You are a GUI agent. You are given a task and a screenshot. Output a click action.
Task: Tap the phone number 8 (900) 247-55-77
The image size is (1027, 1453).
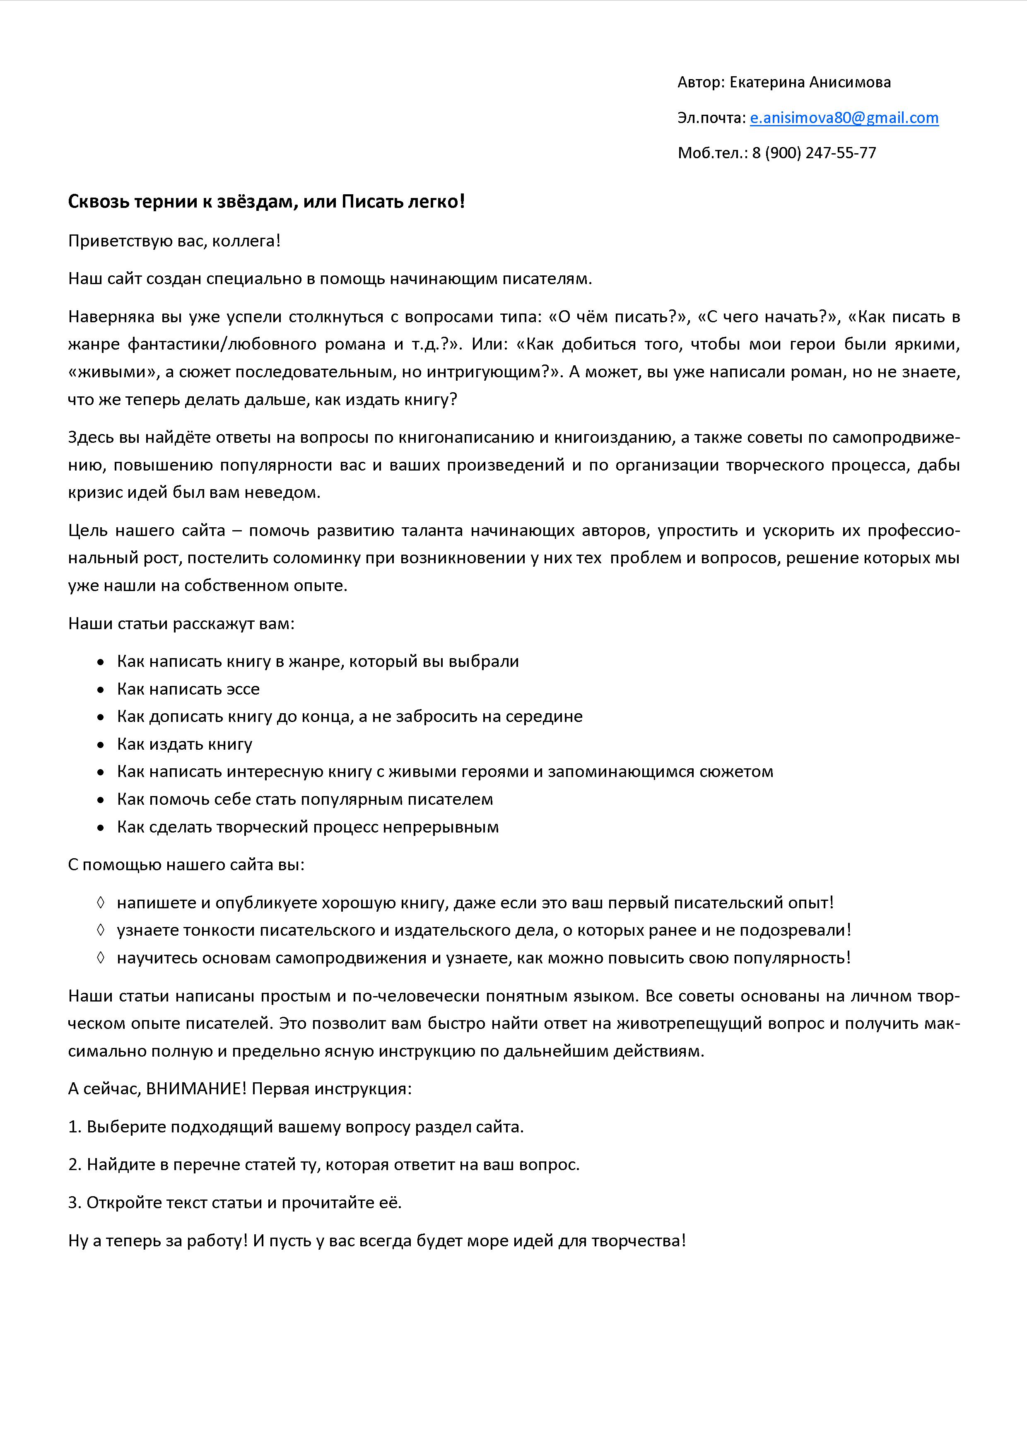tap(814, 153)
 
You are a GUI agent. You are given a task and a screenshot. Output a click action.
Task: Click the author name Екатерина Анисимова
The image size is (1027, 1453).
tap(810, 82)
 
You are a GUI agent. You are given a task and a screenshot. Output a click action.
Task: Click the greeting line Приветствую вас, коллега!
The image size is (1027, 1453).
tap(174, 241)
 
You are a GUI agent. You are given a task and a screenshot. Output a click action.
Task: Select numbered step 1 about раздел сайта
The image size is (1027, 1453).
tap(296, 1127)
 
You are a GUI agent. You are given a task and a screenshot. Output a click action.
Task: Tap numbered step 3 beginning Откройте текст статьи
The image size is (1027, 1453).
tap(235, 1202)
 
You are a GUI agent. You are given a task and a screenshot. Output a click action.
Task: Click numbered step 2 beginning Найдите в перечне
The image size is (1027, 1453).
tap(323, 1164)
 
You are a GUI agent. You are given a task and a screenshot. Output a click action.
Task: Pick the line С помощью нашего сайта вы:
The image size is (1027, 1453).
tap(186, 864)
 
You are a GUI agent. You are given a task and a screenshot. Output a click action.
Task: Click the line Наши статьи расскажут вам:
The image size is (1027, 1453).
tap(181, 623)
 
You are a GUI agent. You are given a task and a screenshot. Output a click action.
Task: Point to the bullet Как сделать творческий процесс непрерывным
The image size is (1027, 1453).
tap(308, 827)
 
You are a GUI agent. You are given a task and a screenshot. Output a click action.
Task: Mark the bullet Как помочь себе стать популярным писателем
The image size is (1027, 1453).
tap(304, 799)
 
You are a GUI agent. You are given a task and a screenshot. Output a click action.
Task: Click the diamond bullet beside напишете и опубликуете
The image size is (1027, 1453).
tap(100, 903)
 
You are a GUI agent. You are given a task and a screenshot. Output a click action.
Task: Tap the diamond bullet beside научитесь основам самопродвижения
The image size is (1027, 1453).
tap(100, 958)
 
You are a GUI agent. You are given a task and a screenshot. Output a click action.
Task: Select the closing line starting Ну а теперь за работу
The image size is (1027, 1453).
tap(376, 1241)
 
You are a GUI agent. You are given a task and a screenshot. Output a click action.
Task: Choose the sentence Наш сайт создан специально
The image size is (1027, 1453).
tap(330, 279)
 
